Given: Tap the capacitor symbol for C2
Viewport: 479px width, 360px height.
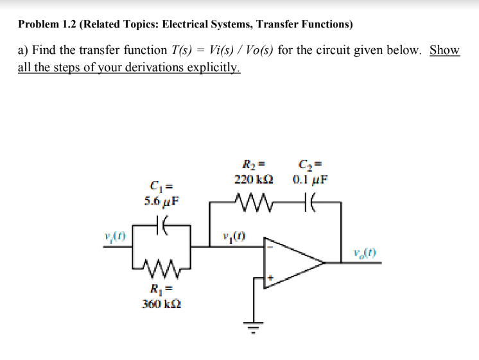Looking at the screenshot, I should [310, 205].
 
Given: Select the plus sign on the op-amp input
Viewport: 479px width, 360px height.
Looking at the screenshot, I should [270, 278].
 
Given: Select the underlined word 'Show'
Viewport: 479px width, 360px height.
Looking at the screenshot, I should [444, 50].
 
